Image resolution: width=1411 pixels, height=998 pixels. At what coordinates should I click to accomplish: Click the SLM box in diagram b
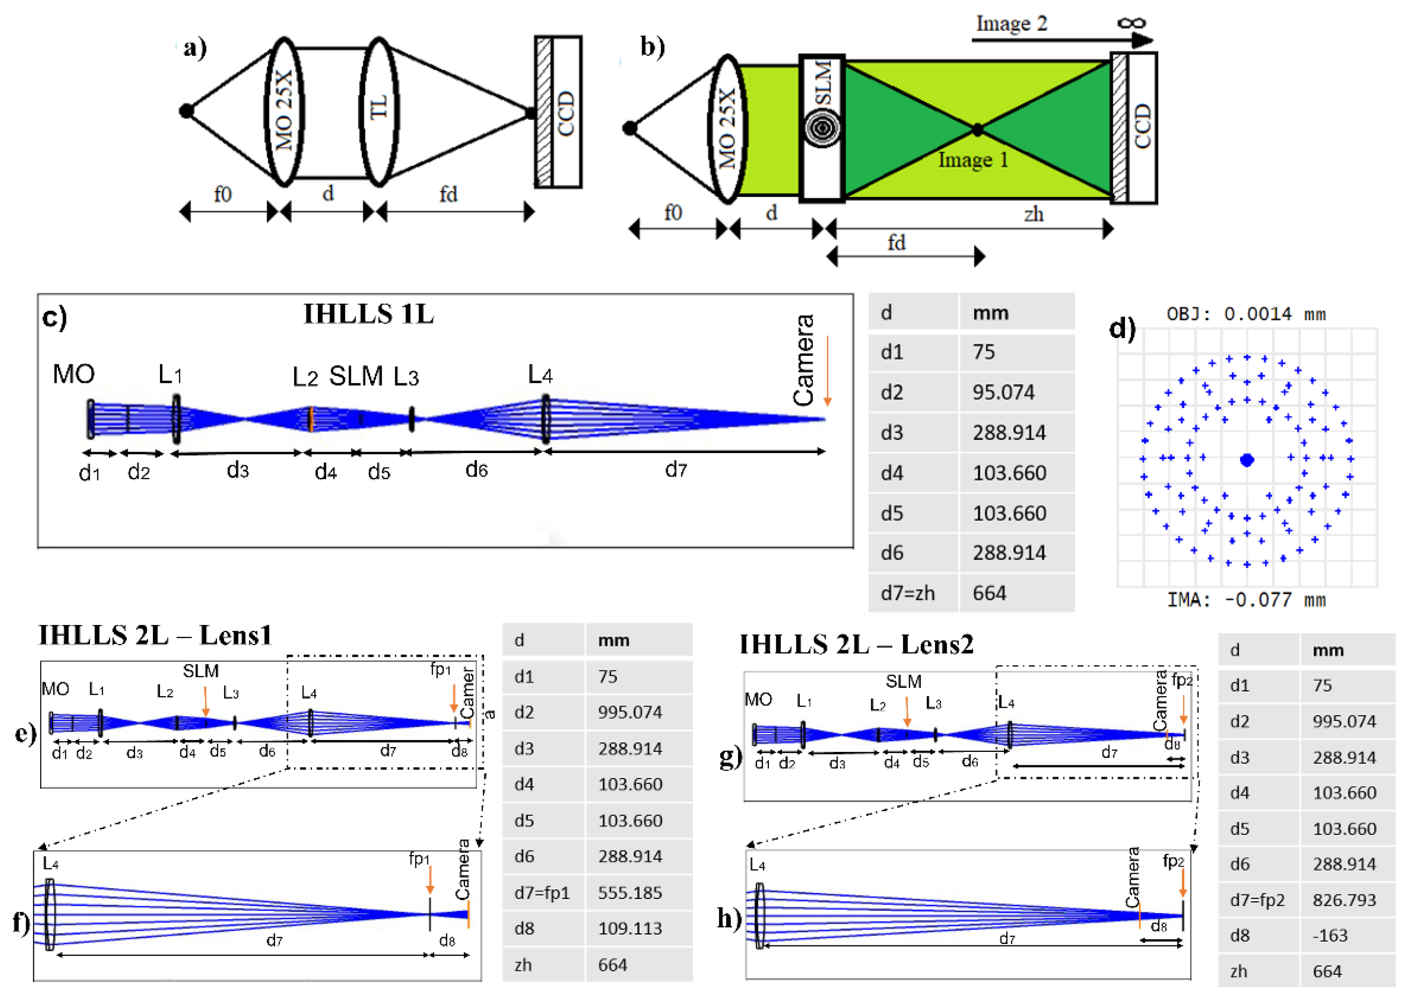[822, 128]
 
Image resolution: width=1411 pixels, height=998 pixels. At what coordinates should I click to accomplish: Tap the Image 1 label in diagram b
[972, 160]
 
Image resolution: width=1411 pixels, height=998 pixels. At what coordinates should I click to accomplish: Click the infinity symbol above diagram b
[1131, 23]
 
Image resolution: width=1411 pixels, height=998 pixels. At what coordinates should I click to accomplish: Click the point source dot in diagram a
[186, 111]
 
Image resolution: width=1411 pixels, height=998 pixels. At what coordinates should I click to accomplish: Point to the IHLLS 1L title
[368, 314]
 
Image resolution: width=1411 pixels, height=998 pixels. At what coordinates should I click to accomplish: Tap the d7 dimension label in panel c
[676, 470]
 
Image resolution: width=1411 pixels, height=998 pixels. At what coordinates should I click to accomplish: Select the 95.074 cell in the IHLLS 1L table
[1003, 392]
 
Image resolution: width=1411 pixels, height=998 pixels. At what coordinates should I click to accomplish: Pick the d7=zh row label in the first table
[908, 593]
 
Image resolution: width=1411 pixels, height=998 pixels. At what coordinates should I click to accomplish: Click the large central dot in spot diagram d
[1247, 460]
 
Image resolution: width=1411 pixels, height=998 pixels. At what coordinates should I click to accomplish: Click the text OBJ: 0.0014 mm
[1246, 314]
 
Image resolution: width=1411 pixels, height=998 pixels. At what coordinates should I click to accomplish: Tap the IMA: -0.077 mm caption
[1246, 600]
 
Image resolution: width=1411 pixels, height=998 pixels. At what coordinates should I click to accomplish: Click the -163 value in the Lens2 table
[1330, 935]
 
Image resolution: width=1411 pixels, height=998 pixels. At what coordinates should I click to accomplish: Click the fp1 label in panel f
[419, 859]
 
